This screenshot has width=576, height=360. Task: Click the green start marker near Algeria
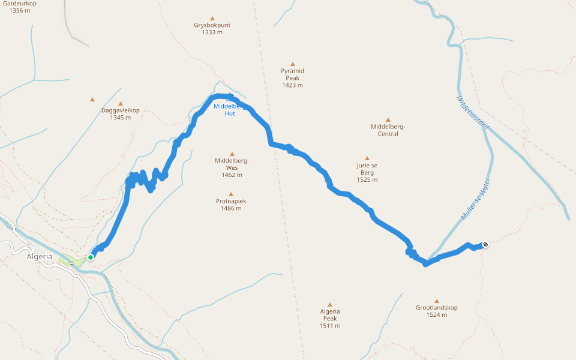pos(91,257)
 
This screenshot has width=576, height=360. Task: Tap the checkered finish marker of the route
pos(485,244)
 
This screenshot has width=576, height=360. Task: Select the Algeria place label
pos(40,257)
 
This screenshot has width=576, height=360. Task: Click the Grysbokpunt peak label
pos(212,25)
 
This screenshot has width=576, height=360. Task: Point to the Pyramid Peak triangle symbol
pos(293,64)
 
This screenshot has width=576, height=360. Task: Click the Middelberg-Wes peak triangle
pos(232,154)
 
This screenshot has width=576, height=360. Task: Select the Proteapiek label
pos(231,201)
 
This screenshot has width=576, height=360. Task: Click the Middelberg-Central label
pos(388,130)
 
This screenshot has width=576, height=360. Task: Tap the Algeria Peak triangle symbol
pos(329,304)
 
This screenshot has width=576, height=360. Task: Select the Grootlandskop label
pos(436,308)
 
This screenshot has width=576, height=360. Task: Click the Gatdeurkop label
pos(20,4)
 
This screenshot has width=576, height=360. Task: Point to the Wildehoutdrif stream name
pos(473,113)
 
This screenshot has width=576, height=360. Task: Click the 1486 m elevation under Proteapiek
pos(231,208)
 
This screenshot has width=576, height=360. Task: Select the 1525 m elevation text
pos(367,179)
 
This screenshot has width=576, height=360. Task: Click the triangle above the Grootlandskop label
pos(437,301)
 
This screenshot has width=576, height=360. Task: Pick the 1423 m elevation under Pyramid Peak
pos(292,85)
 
